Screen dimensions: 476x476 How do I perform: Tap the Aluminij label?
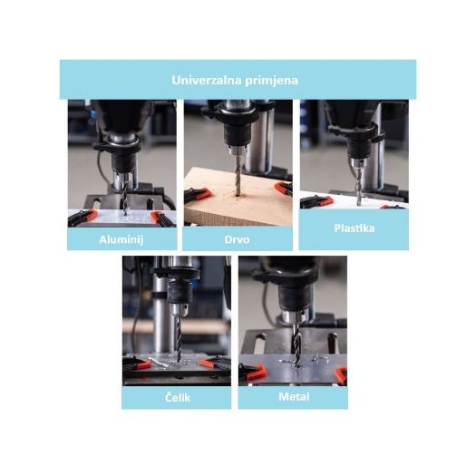coord(121,240)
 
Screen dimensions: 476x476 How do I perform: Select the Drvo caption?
coord(237,239)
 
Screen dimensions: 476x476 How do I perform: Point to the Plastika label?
coord(355,228)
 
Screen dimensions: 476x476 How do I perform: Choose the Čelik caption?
coord(178,397)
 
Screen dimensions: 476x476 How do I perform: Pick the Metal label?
coord(294,397)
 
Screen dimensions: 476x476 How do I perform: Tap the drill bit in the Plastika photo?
coord(359,186)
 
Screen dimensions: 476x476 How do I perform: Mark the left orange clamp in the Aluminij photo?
coord(82,218)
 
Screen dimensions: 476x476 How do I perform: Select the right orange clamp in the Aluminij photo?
coord(163,218)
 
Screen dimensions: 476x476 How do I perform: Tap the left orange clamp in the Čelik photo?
coord(137,364)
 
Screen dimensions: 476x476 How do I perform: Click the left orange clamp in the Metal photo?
coord(253,371)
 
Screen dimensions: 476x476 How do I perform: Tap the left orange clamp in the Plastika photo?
coord(316,201)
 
